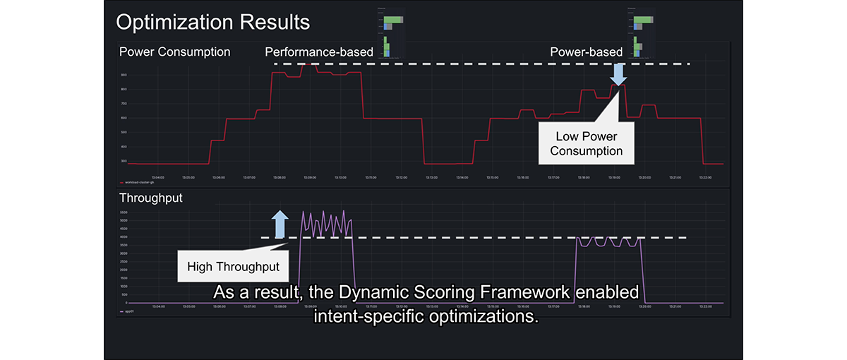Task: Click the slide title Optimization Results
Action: click(x=212, y=22)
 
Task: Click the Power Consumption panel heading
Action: click(x=174, y=52)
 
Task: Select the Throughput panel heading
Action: click(x=150, y=198)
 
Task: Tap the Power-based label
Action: click(x=586, y=52)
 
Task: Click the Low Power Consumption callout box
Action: click(x=586, y=143)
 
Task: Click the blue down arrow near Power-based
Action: click(x=618, y=73)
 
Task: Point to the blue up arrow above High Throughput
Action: click(x=280, y=223)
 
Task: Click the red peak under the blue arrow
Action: click(x=618, y=85)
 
